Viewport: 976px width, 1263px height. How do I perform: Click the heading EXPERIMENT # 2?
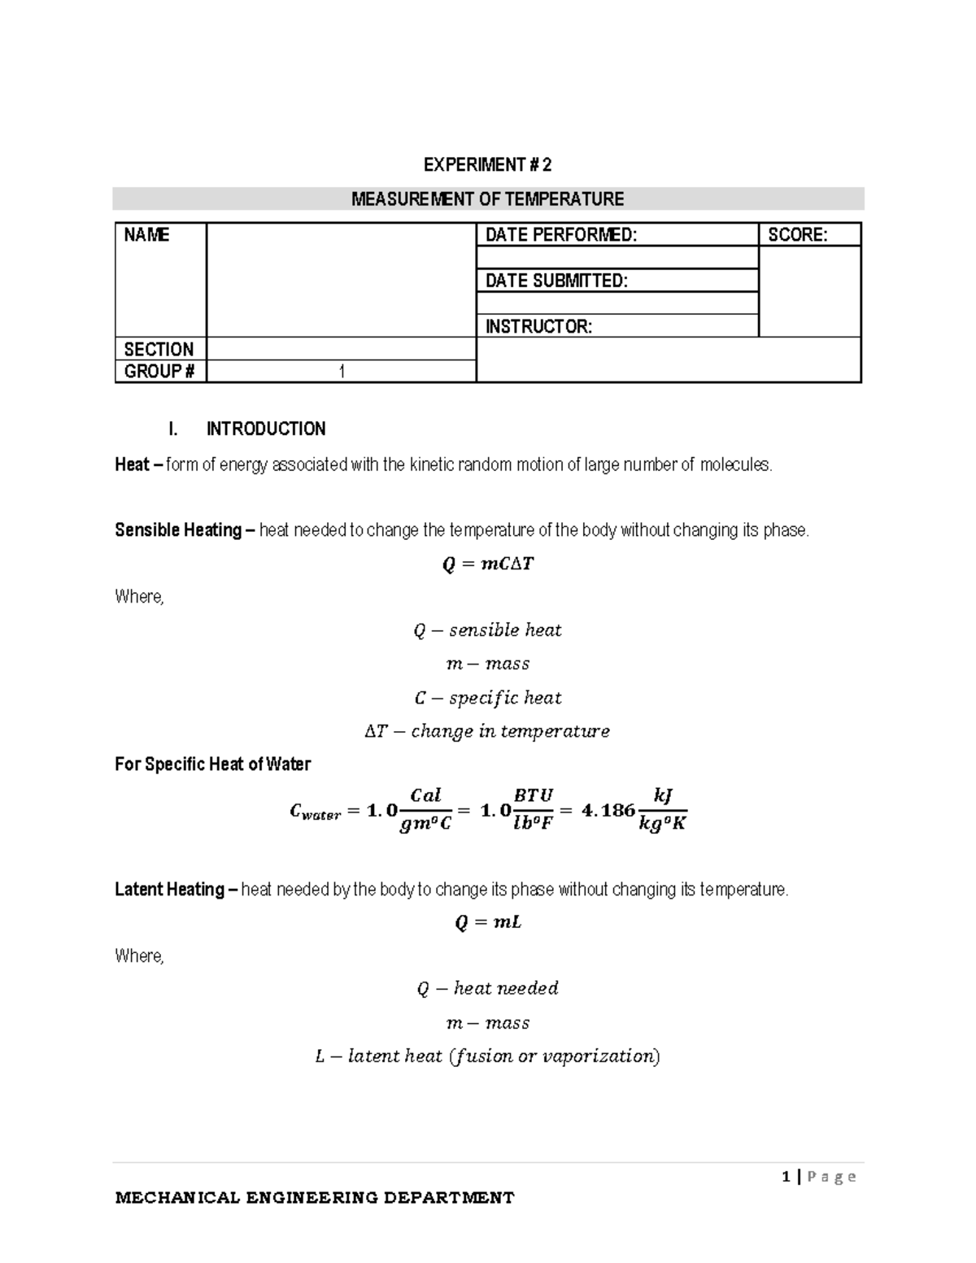487,165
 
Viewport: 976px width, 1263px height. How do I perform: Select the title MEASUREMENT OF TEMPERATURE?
487,199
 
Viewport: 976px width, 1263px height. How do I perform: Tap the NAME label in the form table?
146,235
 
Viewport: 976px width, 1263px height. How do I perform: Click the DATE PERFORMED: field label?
561,235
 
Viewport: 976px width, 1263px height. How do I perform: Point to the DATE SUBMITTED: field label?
556,281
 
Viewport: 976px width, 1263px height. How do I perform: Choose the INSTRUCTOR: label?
538,327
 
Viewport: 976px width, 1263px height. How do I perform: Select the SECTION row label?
159,350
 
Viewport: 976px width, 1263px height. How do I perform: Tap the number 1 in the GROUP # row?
342,372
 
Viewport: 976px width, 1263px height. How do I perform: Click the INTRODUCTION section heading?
266,429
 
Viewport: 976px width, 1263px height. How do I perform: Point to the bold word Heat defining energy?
132,465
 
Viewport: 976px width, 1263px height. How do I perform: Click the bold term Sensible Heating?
178,530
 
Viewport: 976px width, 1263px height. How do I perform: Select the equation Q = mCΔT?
487,564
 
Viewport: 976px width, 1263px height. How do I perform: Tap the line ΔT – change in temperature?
487,731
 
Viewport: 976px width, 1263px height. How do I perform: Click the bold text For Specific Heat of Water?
212,764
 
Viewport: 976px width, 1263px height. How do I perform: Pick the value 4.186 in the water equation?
608,810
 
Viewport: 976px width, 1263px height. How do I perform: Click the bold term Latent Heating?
169,890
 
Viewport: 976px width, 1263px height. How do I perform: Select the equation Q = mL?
487,923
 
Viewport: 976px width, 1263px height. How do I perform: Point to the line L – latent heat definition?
487,1056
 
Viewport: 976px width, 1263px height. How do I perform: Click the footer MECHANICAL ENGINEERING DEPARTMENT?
315,1197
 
